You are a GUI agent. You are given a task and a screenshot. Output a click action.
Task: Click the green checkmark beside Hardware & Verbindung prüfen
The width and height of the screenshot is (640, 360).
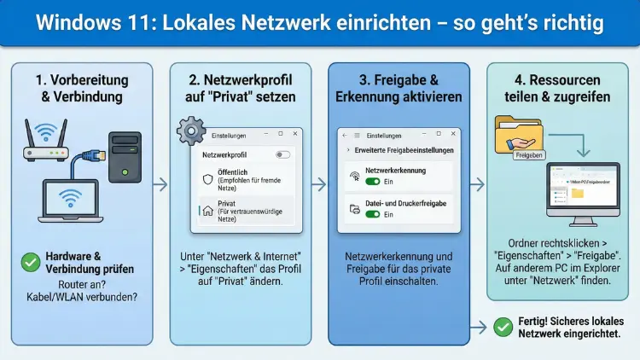click(31, 263)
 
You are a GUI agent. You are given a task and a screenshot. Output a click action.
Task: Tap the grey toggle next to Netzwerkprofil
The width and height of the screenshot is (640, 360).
click(282, 155)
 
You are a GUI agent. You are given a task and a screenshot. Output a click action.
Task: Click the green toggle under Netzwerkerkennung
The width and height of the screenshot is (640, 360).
click(372, 182)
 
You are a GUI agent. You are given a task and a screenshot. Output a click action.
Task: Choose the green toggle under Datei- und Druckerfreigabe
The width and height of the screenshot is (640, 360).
click(372, 214)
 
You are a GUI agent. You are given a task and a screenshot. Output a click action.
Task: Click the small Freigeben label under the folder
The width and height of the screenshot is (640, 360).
click(529, 156)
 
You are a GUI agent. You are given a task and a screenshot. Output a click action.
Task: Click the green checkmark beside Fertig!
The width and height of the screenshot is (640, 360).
click(503, 325)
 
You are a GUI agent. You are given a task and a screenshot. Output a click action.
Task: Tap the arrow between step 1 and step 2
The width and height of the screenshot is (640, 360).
click(160, 184)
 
